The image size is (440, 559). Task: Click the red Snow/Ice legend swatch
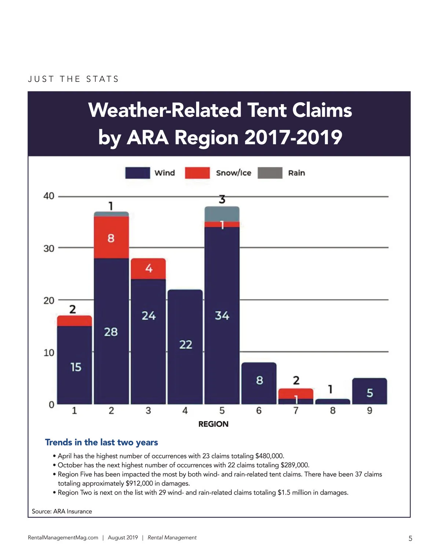(197, 173)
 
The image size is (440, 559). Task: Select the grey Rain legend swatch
(270, 173)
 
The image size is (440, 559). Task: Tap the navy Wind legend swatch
(137, 173)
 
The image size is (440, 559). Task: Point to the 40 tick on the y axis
(49, 196)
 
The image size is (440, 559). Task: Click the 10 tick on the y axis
(49, 353)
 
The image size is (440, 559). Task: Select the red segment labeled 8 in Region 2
(111, 238)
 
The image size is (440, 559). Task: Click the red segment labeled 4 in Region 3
(148, 268)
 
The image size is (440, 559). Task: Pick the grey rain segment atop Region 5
(222, 214)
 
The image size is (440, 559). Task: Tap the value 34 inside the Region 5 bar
(222, 315)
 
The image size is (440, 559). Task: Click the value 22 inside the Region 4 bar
(186, 344)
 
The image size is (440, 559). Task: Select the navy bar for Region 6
(259, 383)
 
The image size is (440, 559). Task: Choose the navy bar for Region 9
(370, 391)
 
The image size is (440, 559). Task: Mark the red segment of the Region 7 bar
(296, 394)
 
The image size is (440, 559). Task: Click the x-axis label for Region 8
(333, 410)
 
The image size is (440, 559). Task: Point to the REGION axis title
(213, 424)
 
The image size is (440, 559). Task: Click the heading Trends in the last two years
(102, 442)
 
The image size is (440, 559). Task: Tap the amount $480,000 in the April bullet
(269, 456)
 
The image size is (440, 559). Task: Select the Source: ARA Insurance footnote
(62, 511)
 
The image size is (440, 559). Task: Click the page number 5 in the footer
(410, 538)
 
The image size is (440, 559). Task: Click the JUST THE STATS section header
(73, 79)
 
